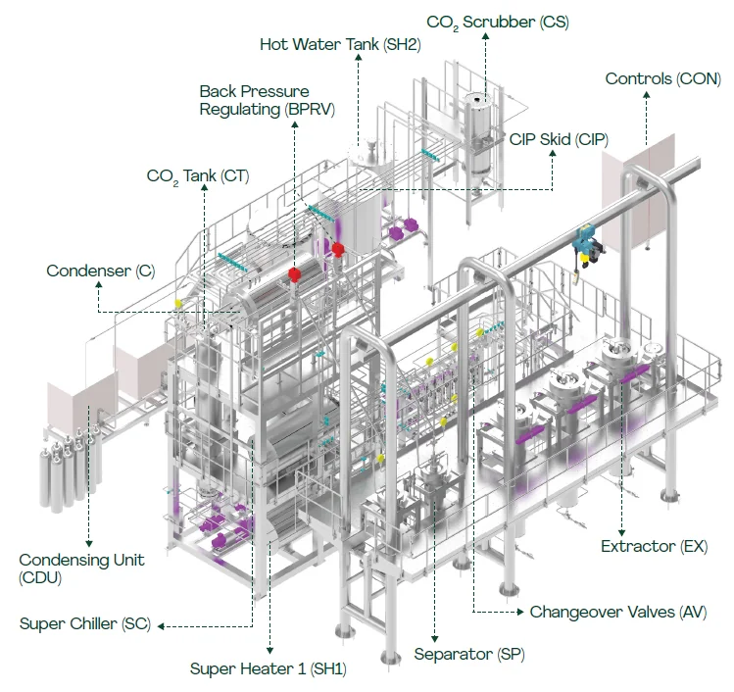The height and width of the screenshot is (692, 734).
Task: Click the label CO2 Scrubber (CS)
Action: [x=497, y=21]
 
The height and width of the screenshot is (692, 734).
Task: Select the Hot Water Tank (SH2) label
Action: [x=340, y=45]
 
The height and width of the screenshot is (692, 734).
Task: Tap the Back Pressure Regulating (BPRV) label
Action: [x=268, y=101]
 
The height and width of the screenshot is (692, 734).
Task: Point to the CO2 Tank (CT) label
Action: [x=198, y=176]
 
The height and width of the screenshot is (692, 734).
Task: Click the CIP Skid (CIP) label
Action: [x=558, y=140]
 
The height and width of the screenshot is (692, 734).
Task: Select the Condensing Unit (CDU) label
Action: [x=81, y=568]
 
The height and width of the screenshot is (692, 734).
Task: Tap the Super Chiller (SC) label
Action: [x=85, y=624]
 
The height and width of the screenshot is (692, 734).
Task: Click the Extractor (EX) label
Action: [x=654, y=546]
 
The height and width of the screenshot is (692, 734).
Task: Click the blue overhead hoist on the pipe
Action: [x=584, y=243]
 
